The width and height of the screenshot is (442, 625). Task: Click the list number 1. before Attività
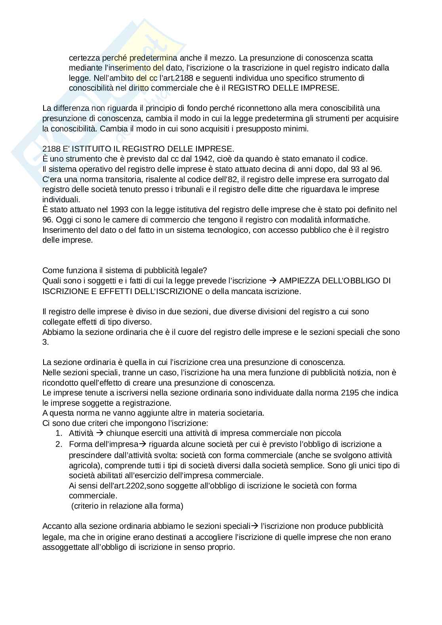pyautogui.click(x=59, y=433)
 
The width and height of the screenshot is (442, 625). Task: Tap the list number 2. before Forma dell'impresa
pyautogui.click(x=59, y=444)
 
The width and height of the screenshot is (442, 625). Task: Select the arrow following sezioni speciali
pyautogui.click(x=255, y=526)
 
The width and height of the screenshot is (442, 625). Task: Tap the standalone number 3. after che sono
pyautogui.click(x=45, y=342)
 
